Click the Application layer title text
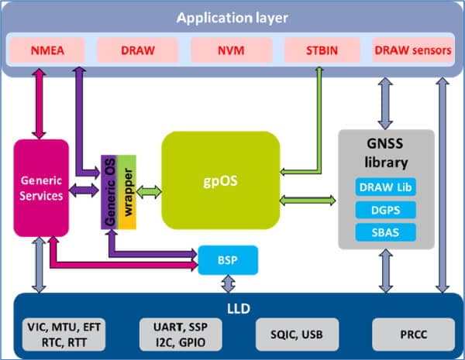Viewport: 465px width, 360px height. pyautogui.click(x=231, y=17)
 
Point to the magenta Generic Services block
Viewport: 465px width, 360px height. pyautogui.click(x=42, y=188)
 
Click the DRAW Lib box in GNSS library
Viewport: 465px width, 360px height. pyautogui.click(x=384, y=187)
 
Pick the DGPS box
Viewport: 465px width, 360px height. pyautogui.click(x=384, y=209)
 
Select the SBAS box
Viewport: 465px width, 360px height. pyautogui.click(x=384, y=231)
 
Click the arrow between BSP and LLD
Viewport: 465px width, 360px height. pyautogui.click(x=227, y=284)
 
